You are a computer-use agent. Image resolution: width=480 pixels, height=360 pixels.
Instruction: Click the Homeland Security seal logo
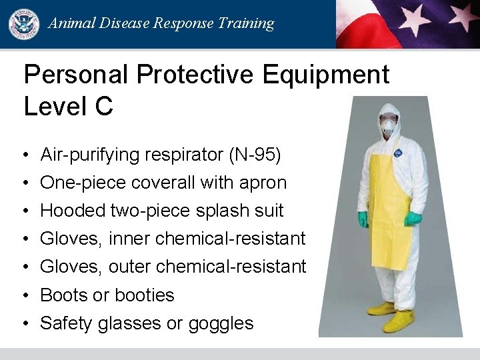point(23,24)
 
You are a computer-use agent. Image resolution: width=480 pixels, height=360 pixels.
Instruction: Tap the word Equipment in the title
point(325,75)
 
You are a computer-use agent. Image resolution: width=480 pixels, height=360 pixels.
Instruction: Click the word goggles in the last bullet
point(221,323)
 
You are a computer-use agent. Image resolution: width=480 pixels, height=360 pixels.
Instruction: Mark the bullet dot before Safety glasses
point(24,324)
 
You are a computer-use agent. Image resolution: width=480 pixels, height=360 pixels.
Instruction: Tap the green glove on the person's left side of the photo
point(363,219)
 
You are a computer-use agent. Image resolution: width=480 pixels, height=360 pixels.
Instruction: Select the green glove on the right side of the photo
point(413,218)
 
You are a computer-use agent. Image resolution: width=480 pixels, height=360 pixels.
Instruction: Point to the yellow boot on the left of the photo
point(381,309)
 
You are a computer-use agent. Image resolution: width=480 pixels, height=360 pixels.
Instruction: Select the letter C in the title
point(103,106)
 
